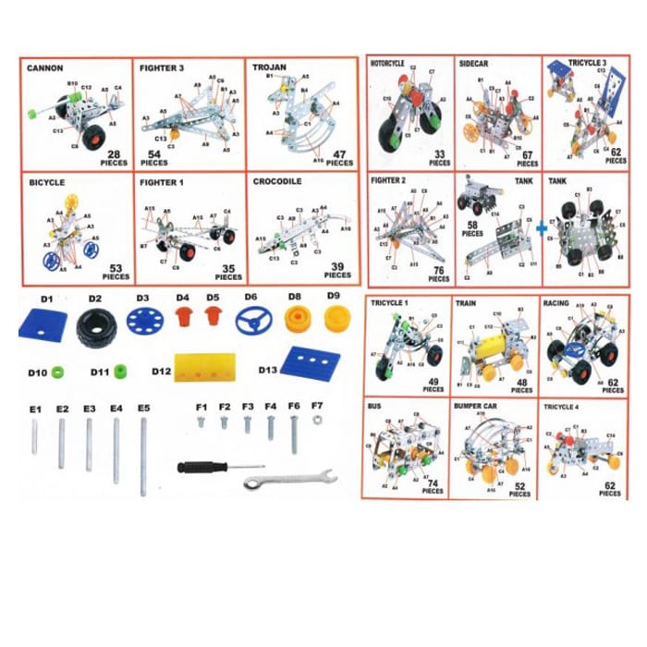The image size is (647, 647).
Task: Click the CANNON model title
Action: [45, 68]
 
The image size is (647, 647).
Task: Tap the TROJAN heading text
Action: [268, 67]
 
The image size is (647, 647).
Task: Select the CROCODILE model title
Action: [277, 182]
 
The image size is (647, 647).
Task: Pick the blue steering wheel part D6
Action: [250, 323]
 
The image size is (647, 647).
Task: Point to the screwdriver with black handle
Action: [218, 468]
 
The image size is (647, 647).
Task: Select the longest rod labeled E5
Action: [144, 457]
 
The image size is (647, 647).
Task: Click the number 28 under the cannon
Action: [115, 153]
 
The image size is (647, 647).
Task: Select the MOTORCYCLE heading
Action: [388, 64]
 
